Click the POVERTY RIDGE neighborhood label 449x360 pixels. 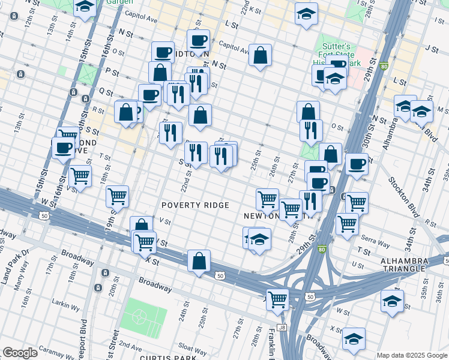coord(195,205)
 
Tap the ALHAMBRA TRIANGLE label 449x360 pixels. coord(412,266)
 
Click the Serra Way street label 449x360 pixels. coord(376,239)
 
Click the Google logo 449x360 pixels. coord(20,353)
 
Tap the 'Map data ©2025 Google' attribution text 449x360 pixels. coord(412,355)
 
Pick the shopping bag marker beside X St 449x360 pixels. coord(199,261)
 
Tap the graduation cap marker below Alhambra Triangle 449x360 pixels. coord(392,301)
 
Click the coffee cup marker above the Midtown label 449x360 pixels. coord(198,41)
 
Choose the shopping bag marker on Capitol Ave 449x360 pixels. coord(260,56)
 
